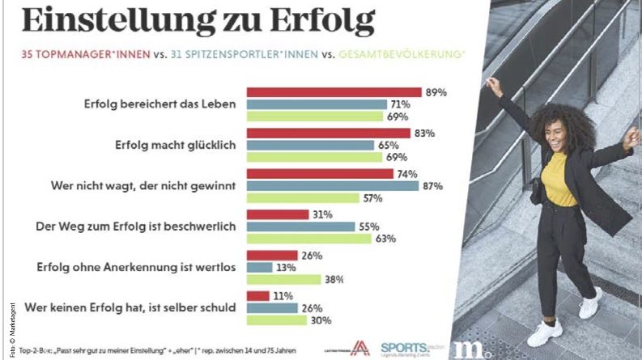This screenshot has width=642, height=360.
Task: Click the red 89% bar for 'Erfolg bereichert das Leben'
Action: pyautogui.click(x=334, y=91)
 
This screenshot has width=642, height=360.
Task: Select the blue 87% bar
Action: pyautogui.click(x=332, y=186)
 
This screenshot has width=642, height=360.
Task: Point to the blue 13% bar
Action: pyautogui.click(x=259, y=267)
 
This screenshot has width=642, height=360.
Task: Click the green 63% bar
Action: pyautogui.click(x=308, y=239)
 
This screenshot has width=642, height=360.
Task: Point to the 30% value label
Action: pyautogui.click(x=319, y=320)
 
